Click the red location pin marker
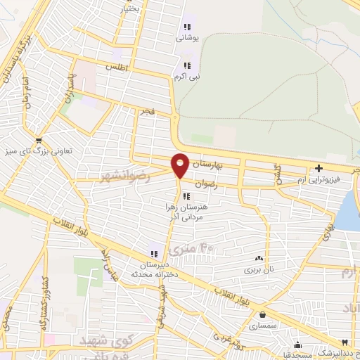[180, 165]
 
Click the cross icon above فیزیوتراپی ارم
[319, 168]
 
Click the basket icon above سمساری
[262, 315]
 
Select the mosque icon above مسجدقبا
[298, 345]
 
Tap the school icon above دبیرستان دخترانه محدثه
[153, 254]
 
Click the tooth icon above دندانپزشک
[345, 341]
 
